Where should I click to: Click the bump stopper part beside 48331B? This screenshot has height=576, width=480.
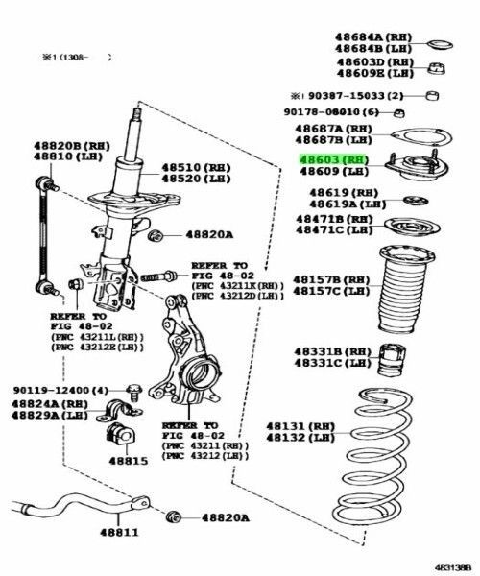(x=391, y=362)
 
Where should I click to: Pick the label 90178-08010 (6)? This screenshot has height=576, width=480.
(x=343, y=112)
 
